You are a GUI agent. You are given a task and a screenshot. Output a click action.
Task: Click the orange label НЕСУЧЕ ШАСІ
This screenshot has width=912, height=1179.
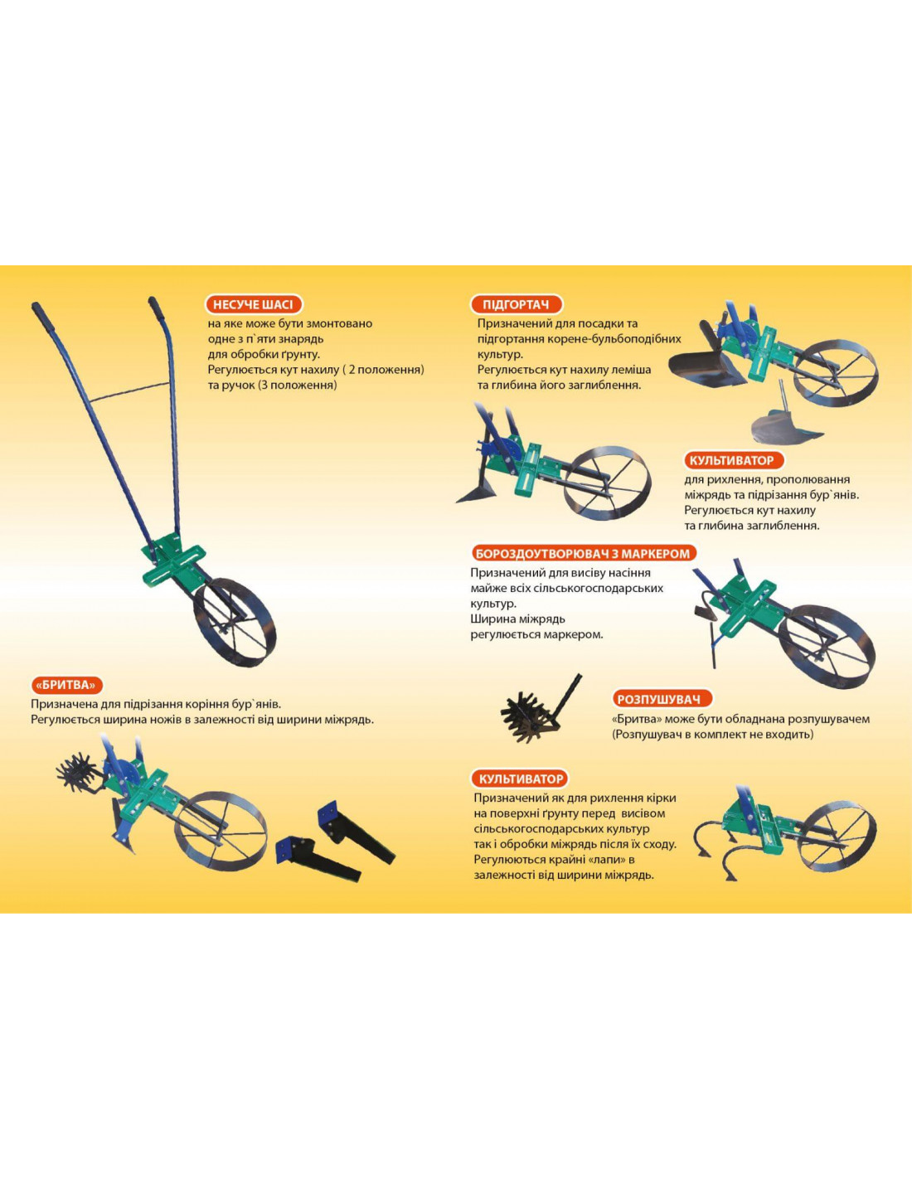click(254, 304)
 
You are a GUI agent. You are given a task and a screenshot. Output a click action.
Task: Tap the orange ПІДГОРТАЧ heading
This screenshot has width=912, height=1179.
click(516, 304)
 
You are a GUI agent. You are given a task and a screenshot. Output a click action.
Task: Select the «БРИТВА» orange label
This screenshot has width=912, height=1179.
click(66, 686)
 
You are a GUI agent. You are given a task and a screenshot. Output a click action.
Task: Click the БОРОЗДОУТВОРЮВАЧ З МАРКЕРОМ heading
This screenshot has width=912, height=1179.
click(583, 554)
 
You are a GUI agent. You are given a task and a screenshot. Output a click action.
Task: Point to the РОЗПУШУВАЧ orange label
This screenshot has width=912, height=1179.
click(662, 700)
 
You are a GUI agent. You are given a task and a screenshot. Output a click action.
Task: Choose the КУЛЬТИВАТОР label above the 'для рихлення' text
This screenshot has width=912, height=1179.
click(731, 461)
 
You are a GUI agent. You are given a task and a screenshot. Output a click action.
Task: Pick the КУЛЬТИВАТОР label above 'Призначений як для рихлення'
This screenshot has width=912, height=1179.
click(521, 779)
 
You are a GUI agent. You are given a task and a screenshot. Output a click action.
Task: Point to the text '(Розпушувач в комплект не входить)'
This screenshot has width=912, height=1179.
click(712, 735)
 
